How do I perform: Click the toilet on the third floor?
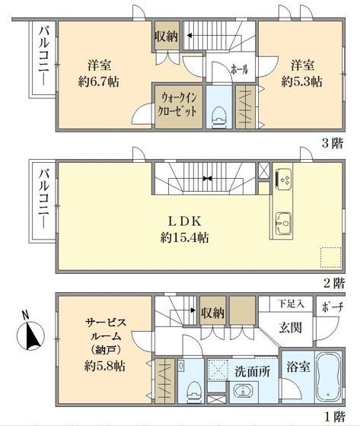coord(219,113)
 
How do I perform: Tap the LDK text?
coord(185,221)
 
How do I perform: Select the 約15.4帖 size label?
coord(185,237)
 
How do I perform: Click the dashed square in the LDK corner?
coord(330,256)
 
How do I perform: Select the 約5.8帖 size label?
coord(105,365)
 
